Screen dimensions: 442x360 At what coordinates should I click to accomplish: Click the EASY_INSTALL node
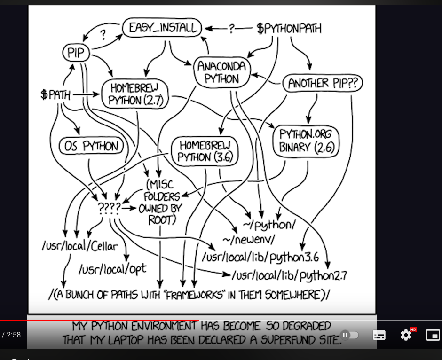point(162,28)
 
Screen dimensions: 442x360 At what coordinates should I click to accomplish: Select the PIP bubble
point(76,53)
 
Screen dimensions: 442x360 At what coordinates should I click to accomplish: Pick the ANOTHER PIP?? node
point(323,83)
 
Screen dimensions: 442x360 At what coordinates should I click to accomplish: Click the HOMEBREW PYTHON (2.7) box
point(135,94)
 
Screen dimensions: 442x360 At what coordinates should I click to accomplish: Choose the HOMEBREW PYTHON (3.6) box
point(205,151)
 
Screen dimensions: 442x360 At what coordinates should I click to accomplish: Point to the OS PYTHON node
point(91,146)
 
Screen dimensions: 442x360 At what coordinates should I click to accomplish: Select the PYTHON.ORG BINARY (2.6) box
point(306,141)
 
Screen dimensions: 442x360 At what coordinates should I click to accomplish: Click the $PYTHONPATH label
point(289,29)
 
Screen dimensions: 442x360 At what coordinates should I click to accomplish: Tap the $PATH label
point(55,94)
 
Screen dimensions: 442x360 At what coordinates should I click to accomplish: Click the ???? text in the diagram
point(110,208)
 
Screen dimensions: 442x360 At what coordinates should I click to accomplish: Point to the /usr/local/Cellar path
point(80,246)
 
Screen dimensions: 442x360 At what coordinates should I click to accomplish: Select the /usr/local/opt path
point(112,269)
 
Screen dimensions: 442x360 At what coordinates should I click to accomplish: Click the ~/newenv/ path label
point(249,240)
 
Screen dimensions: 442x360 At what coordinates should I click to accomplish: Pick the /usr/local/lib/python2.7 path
point(289,275)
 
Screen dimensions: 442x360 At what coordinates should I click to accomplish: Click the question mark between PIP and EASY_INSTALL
point(103,35)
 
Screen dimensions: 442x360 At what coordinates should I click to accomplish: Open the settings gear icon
point(406,335)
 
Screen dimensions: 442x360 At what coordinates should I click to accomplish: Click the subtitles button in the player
point(379,335)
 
